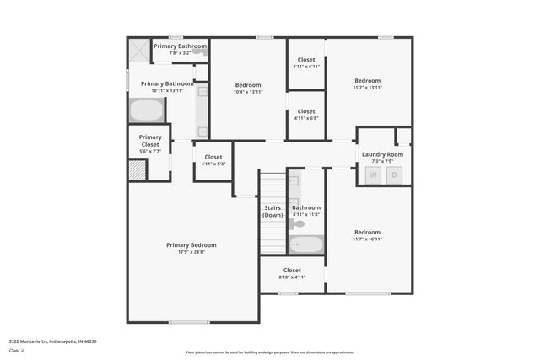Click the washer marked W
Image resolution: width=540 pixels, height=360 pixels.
pos(373,175)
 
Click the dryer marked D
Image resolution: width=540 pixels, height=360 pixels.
pos(394,175)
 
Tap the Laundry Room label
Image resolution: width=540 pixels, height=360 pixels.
pos(382,155)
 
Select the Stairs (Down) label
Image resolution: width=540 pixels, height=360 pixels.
pos(273,211)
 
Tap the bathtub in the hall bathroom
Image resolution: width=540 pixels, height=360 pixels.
pos(306,244)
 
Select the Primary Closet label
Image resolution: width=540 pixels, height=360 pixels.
pos(150,142)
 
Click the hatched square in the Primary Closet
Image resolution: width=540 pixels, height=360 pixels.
pos(138,169)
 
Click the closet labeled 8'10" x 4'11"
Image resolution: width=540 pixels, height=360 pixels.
pos(292,274)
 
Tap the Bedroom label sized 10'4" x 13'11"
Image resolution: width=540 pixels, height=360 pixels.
pos(248,89)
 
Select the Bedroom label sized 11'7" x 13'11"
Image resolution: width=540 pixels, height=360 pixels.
pos(368,84)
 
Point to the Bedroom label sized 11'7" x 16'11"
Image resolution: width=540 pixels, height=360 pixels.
pos(368,235)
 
